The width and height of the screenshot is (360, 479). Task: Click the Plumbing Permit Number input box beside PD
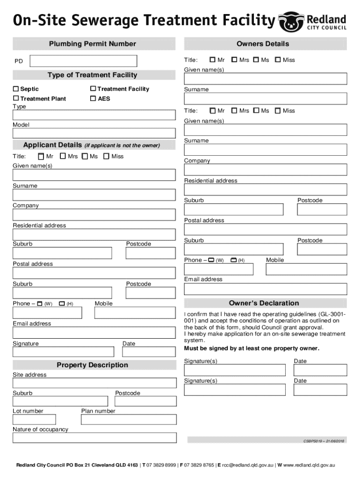point(84,61)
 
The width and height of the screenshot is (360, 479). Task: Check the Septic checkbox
point(16,89)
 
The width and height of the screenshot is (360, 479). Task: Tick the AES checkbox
point(93,99)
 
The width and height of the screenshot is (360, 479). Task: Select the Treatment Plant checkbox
point(16,99)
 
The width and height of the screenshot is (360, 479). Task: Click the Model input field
point(94,134)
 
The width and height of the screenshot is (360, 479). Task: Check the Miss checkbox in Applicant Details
point(106,156)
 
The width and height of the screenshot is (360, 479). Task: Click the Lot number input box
point(34,420)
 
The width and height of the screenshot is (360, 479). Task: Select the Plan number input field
point(129,420)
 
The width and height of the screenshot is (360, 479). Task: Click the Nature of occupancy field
point(94,438)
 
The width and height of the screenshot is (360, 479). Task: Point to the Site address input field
point(94,383)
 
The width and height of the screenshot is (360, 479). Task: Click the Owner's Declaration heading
point(264,303)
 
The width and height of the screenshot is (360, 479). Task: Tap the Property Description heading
point(92,365)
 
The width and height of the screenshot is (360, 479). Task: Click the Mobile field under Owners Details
point(306,269)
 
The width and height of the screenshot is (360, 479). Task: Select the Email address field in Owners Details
point(266,289)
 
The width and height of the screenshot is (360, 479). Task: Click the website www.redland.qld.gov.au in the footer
point(309,465)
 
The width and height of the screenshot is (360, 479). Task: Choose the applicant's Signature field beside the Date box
point(63,352)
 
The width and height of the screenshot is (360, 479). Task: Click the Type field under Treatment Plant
point(94,115)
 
